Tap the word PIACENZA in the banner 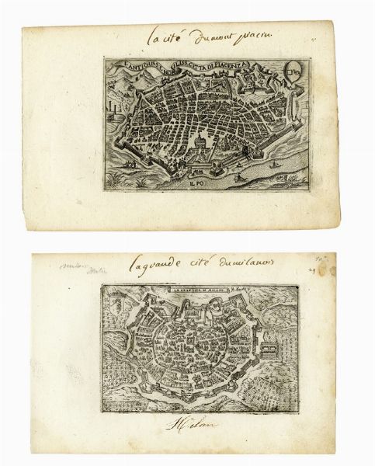click(x=242, y=68)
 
